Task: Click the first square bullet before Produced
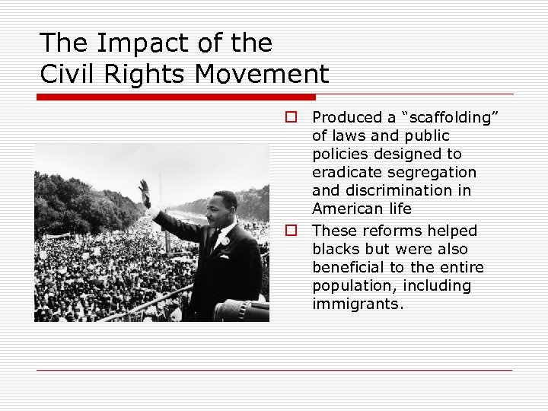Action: pyautogui.click(x=291, y=117)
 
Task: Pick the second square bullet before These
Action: pyautogui.click(x=291, y=231)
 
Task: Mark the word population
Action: pyautogui.click(x=351, y=286)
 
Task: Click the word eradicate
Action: pyautogui.click(x=345, y=172)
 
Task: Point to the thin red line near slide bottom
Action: pyautogui.click(x=274, y=370)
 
